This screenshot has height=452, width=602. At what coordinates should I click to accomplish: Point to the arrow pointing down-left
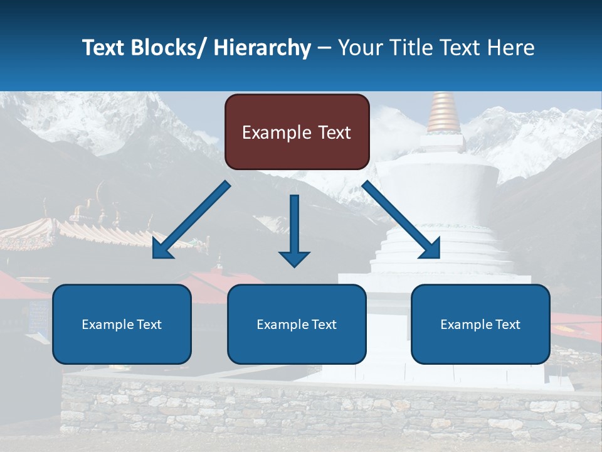[191, 220]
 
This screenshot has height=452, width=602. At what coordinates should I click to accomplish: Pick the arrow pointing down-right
[401, 220]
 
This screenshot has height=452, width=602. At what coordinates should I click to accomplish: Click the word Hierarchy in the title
[262, 48]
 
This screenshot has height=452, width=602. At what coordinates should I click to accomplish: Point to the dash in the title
[324, 48]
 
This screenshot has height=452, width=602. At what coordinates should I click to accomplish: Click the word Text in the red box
[334, 132]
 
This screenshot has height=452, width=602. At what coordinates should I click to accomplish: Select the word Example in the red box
[276, 132]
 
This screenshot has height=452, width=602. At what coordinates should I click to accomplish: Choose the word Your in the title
[357, 48]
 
